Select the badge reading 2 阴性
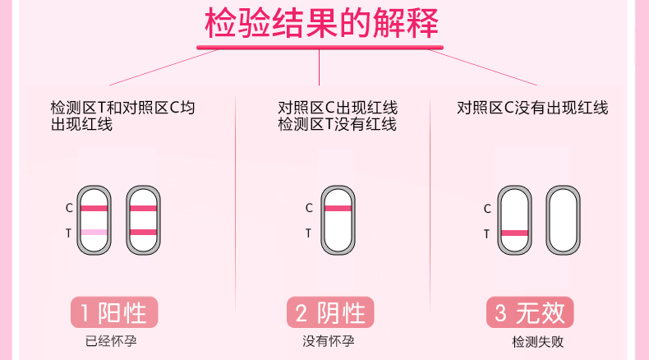[329, 312]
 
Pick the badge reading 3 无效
[530, 312]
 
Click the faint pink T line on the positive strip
[94, 233]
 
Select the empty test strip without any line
[563, 220]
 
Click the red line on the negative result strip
[338, 208]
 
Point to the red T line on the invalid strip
[515, 233]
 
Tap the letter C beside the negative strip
[309, 208]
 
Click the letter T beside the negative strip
[309, 233]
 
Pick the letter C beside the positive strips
[69, 208]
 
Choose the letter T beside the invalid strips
[486, 233]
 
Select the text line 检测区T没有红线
[337, 125]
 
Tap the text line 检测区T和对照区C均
[123, 108]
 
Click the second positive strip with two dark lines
[143, 220]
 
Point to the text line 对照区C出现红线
[337, 108]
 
